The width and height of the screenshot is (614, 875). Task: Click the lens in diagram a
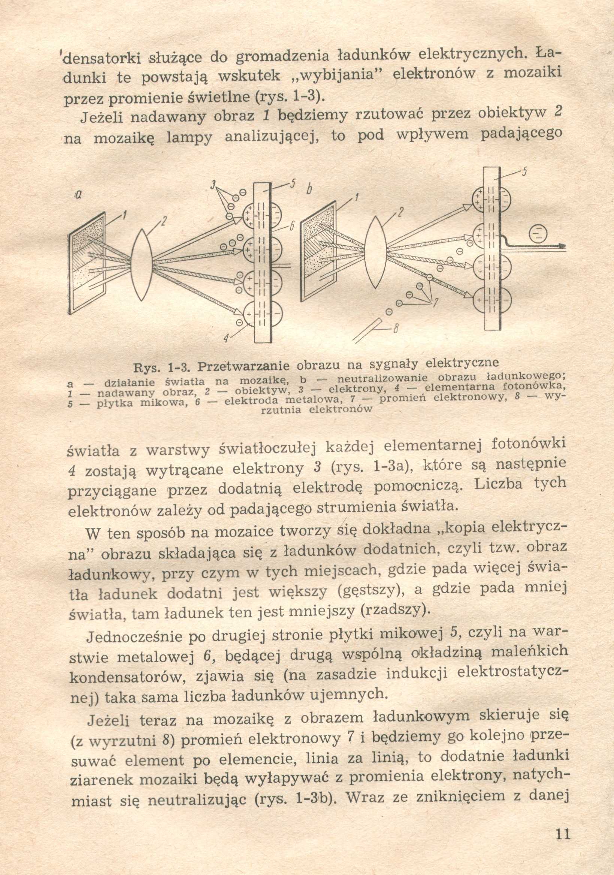[x=142, y=265]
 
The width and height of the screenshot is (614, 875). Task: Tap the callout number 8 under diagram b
[x=395, y=327]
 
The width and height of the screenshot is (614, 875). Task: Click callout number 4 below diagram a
[x=226, y=338]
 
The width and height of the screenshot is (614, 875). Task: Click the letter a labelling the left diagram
[x=79, y=195]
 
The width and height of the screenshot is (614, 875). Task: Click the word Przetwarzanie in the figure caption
[x=244, y=366]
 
